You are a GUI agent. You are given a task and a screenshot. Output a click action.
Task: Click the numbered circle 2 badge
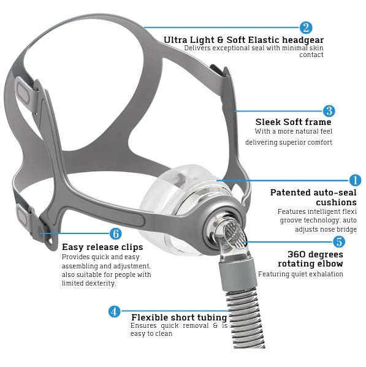pos(306,28)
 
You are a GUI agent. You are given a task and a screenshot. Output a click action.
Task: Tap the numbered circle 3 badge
pos(329,111)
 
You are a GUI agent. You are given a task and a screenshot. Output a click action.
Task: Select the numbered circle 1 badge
pos(355,180)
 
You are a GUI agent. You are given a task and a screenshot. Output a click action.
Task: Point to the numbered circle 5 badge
pos(338,241)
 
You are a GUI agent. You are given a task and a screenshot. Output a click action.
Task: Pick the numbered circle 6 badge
pos(115,234)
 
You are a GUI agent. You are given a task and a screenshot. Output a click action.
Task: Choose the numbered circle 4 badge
pos(114,311)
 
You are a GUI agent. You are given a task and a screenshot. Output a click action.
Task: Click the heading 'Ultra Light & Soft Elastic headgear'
pos(243,40)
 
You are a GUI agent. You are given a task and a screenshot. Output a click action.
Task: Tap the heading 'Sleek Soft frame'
pos(293,122)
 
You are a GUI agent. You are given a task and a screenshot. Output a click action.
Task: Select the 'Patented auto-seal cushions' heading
pos(313,197)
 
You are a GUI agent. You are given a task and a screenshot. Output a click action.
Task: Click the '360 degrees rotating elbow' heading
pos(315,259)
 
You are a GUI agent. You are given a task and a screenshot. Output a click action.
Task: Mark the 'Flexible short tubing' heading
pos(179,317)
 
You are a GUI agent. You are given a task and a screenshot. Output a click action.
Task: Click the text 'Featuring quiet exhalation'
pos(300,274)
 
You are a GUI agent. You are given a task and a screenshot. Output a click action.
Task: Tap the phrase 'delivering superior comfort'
pos(289,142)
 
